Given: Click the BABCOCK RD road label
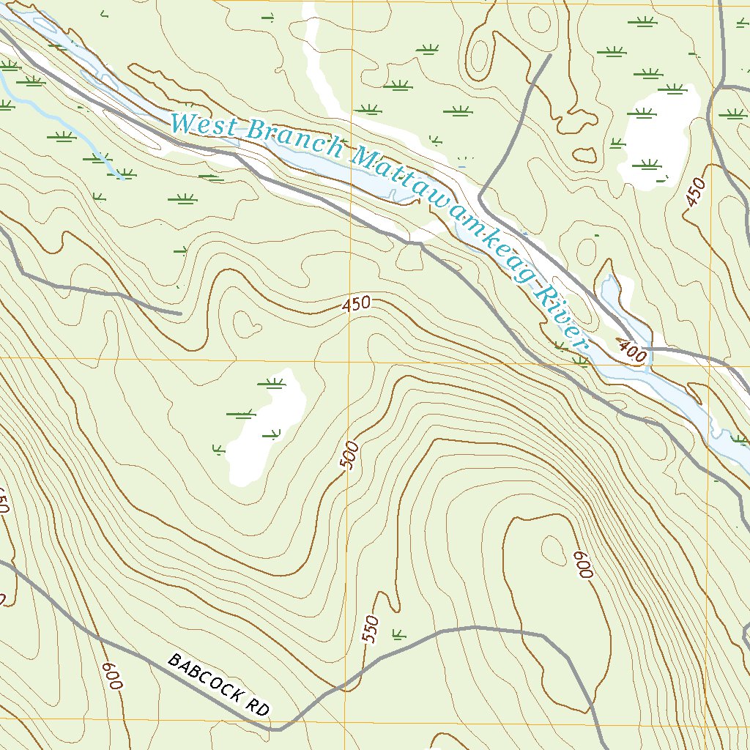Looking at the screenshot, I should pos(218,685).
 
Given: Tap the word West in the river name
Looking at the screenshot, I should pos(204,125).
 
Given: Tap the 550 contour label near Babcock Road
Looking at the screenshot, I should pos(372,630).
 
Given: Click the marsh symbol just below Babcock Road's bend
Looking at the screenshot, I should pos(398,634).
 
